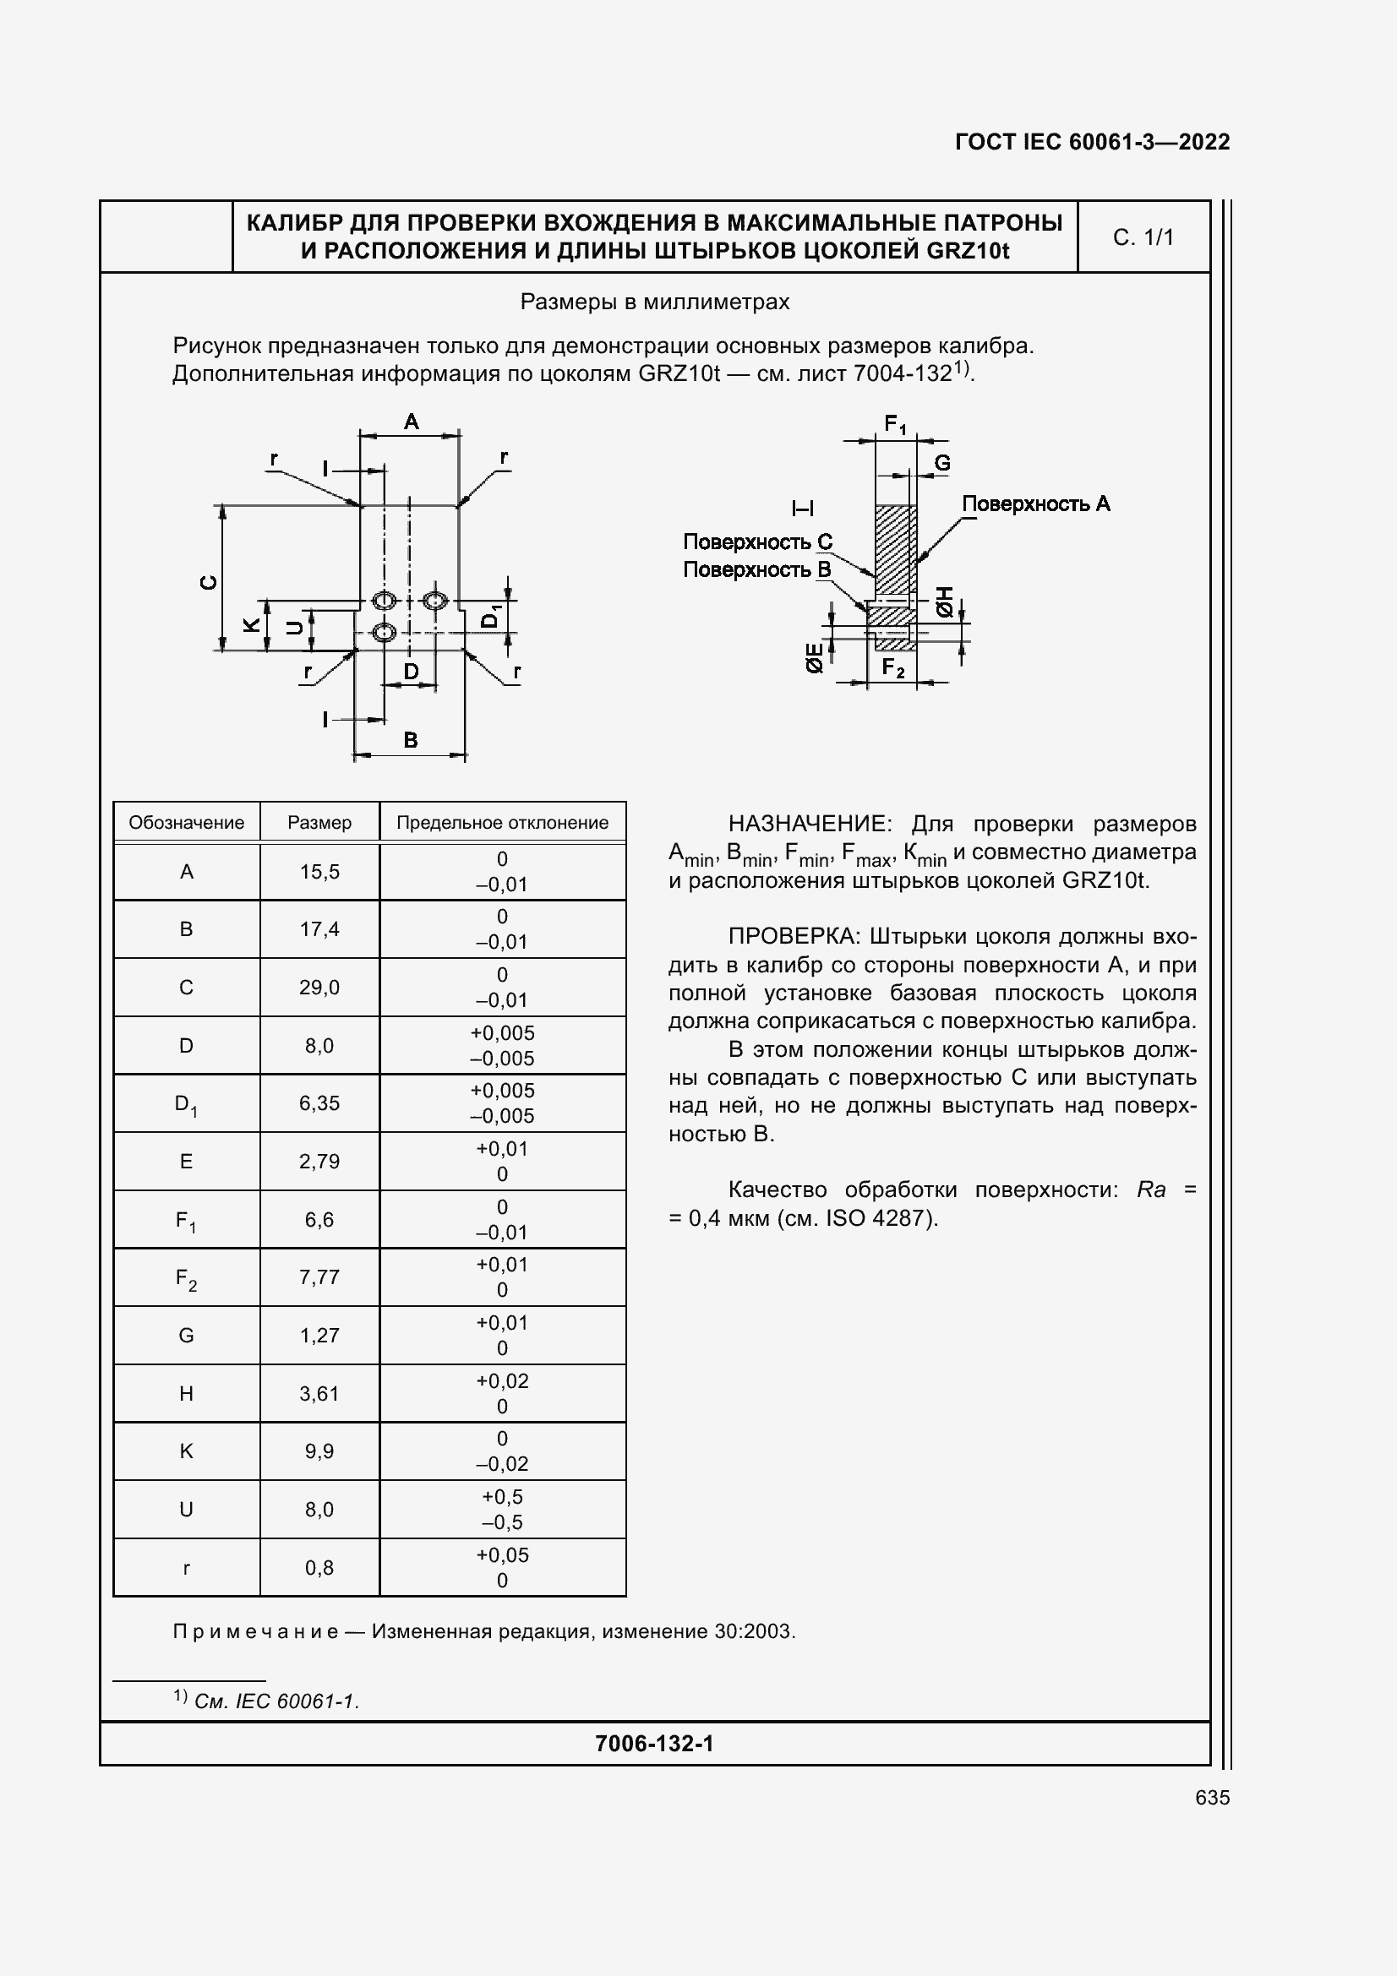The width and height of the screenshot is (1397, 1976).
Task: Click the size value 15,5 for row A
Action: click(319, 872)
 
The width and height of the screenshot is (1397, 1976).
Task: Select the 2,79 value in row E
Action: click(319, 1161)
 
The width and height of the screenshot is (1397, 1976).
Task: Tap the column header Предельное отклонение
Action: click(502, 823)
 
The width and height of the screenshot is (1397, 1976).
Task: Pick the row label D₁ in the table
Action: click(186, 1104)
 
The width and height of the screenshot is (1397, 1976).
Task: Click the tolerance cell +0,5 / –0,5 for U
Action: click(502, 1509)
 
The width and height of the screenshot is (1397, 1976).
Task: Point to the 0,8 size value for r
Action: click(319, 1567)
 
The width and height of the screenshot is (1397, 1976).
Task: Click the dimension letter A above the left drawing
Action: click(412, 422)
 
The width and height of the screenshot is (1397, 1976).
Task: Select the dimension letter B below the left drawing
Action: click(411, 739)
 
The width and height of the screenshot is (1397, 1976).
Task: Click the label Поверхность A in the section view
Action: click(1035, 504)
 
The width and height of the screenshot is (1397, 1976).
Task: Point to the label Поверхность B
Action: click(756, 569)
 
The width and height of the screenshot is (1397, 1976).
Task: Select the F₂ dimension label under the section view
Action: click(893, 668)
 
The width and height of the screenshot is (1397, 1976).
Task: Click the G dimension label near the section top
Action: click(942, 463)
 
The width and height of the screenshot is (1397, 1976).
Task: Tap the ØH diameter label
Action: click(944, 602)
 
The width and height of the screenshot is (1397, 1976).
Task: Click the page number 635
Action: click(1212, 1797)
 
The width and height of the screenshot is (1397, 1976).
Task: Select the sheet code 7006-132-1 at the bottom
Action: click(654, 1744)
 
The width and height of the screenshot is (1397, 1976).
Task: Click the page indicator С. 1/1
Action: click(1143, 237)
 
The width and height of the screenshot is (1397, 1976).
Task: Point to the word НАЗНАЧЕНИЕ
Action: click(807, 824)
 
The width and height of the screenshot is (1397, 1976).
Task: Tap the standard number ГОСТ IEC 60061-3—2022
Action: click(1091, 142)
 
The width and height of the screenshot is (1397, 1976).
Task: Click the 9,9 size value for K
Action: click(319, 1451)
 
